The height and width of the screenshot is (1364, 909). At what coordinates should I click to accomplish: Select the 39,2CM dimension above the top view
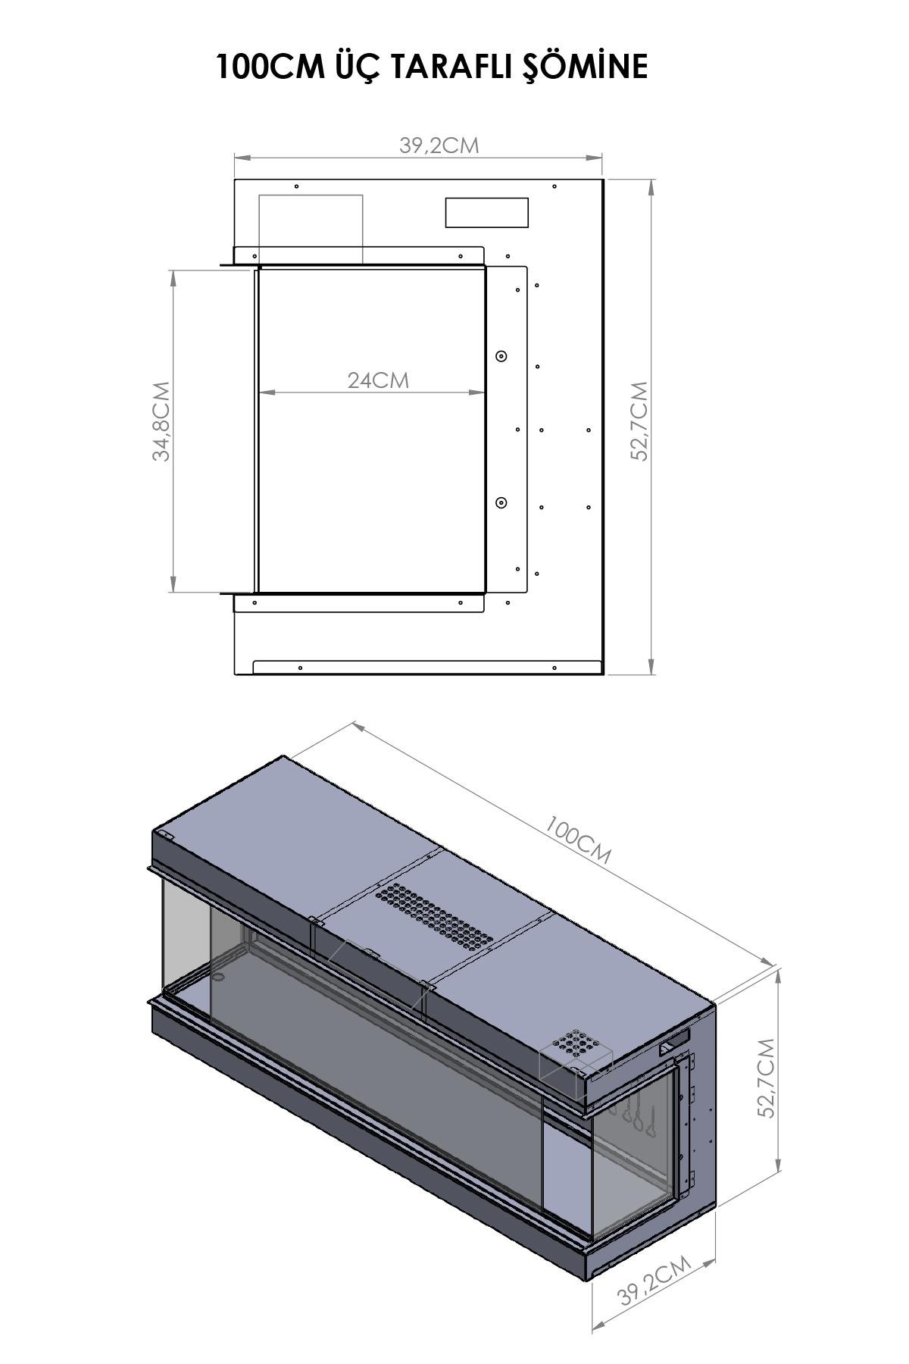coord(439,145)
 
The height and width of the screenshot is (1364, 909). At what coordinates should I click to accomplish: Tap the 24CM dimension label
coord(378,380)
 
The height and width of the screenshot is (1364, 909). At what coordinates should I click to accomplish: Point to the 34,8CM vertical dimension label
coord(161,421)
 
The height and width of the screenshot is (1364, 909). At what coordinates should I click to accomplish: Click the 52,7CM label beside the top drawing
coord(640,421)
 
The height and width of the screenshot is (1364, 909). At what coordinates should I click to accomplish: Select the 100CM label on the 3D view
coord(577,840)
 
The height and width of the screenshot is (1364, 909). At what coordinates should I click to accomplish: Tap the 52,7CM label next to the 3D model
coord(766,1078)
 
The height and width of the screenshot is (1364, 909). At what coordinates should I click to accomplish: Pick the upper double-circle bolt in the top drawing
coord(501,356)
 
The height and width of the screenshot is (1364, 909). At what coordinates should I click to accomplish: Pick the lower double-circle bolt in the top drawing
coord(501,503)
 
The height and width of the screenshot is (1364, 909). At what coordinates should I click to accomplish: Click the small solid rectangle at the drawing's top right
coord(486,212)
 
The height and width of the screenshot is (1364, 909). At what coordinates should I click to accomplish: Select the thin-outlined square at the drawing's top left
coord(311,227)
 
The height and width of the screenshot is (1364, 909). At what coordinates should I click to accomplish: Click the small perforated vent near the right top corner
coord(576,1046)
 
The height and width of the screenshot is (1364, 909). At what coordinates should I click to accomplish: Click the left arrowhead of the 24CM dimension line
coord(262,393)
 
